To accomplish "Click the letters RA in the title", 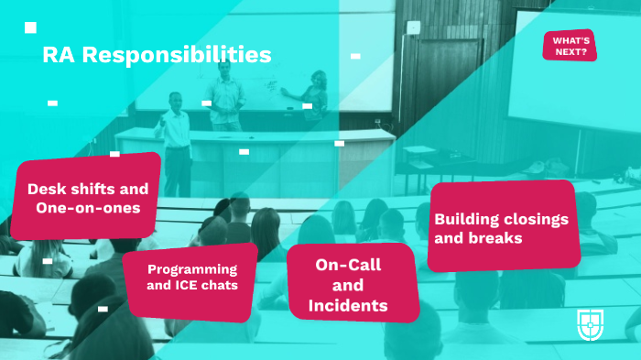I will pyautogui.click(x=58, y=55).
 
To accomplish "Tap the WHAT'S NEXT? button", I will pyautogui.click(x=570, y=46).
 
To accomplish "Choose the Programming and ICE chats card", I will pyautogui.click(x=192, y=277).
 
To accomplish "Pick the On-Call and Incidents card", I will pyautogui.click(x=350, y=284).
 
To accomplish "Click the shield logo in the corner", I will pyautogui.click(x=590, y=323).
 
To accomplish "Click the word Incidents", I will pyautogui.click(x=348, y=304).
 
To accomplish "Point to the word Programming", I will pyautogui.click(x=192, y=269).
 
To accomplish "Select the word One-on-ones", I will pyautogui.click(x=88, y=208).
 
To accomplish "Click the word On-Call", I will pyautogui.click(x=349, y=265).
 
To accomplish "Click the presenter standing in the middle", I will pyautogui.click(x=224, y=91).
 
